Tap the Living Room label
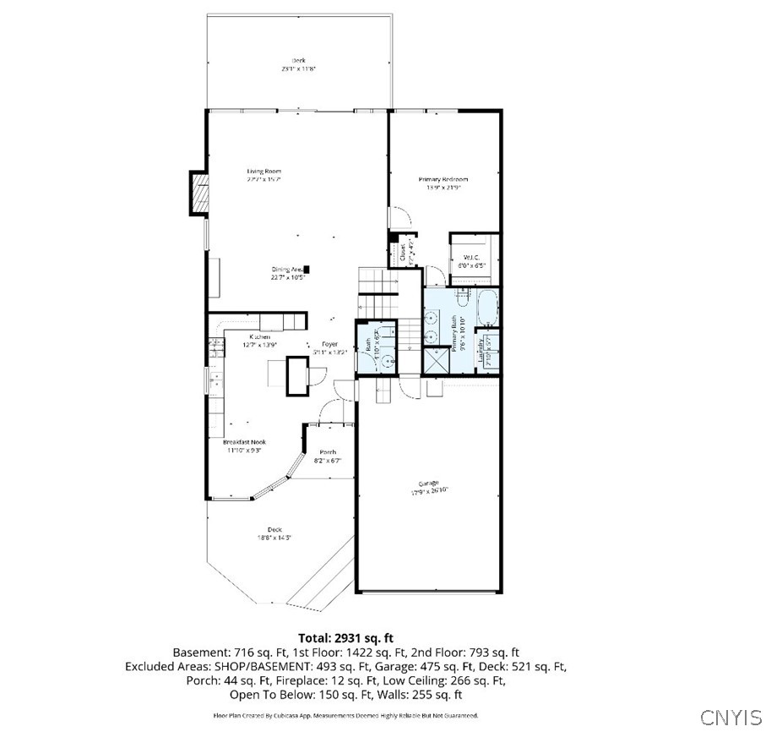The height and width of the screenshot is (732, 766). click(x=263, y=172)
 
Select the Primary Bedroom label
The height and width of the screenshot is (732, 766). click(x=443, y=179)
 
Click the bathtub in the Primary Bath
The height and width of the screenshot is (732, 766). click(x=488, y=309)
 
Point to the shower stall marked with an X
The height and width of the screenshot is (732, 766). click(x=436, y=360)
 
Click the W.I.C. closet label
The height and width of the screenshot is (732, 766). click(x=470, y=257)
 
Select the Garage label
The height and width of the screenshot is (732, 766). click(x=428, y=483)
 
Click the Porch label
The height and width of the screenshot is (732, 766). click(x=328, y=452)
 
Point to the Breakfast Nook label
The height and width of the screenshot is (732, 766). click(x=244, y=442)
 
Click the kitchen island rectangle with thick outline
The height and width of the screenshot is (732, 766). click(x=298, y=376)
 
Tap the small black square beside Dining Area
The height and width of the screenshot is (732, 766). click(x=307, y=269)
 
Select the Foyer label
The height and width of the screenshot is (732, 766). click(x=329, y=344)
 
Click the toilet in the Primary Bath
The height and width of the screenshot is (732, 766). click(x=464, y=295)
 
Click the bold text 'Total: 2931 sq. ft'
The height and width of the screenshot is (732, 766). click(x=345, y=638)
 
